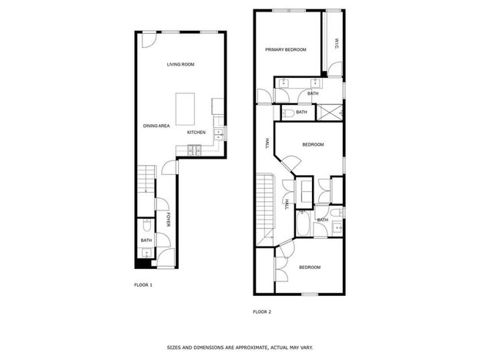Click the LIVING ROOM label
coord(180,64)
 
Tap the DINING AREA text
coord(156,126)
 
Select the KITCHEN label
coord(196,133)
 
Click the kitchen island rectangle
coord(185,109)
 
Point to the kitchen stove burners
coord(195,150)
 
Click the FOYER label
coord(168,220)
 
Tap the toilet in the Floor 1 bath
coord(146,225)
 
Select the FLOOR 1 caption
coord(143,285)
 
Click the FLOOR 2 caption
coord(262,312)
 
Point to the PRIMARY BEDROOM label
coord(286,49)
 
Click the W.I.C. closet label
coord(337,44)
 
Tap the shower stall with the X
coord(330,113)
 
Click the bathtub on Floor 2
coord(304,223)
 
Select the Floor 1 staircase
coord(146,179)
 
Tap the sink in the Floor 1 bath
coord(147,253)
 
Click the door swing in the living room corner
coord(149,40)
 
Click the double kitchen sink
coord(218,135)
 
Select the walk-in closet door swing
coord(334,69)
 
